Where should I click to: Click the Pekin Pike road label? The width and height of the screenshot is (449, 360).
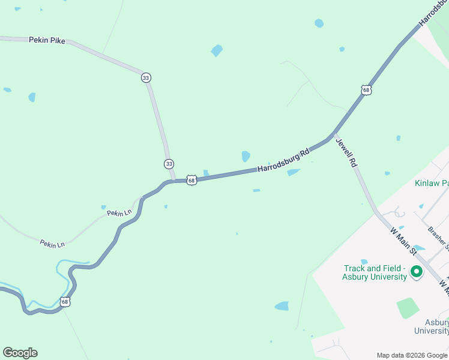point(47,40)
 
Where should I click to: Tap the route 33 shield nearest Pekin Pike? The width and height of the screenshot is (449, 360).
point(146,77)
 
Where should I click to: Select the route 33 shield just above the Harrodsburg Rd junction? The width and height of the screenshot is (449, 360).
point(169,164)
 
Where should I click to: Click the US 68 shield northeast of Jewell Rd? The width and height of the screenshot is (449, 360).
point(367,90)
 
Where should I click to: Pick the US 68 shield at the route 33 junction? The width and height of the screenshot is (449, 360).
point(191,180)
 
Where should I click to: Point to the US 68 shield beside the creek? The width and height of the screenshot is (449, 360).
point(65,302)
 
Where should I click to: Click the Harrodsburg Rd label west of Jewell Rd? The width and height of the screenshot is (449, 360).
point(283,161)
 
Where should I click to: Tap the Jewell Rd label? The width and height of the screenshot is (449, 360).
point(346,153)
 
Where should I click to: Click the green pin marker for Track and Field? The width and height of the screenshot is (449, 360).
point(416,273)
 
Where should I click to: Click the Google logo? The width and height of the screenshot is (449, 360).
point(20,353)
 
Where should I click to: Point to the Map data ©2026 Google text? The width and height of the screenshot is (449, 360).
point(412,355)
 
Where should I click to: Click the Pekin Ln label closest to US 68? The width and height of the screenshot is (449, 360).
point(119,213)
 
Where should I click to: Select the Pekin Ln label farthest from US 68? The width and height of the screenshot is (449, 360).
point(52,244)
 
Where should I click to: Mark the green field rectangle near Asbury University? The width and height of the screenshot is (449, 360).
point(408,308)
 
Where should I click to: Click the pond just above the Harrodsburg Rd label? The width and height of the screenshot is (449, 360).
point(246,156)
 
